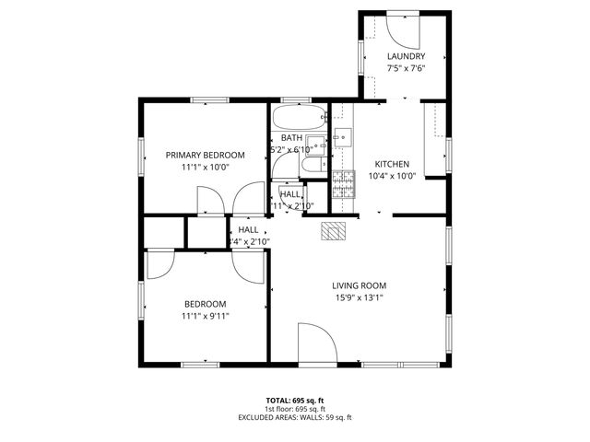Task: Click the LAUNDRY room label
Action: point(406,56)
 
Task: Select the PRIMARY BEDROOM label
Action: point(205,155)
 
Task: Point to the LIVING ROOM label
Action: point(359,285)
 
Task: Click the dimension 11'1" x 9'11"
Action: point(205,316)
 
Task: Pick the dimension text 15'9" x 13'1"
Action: point(359,297)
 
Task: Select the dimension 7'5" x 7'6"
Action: point(406,68)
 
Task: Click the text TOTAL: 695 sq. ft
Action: point(294,401)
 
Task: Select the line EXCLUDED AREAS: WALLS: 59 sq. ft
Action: point(294,417)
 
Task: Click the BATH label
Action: point(291,138)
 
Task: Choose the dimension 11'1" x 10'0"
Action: point(205,167)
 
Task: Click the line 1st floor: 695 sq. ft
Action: point(294,409)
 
